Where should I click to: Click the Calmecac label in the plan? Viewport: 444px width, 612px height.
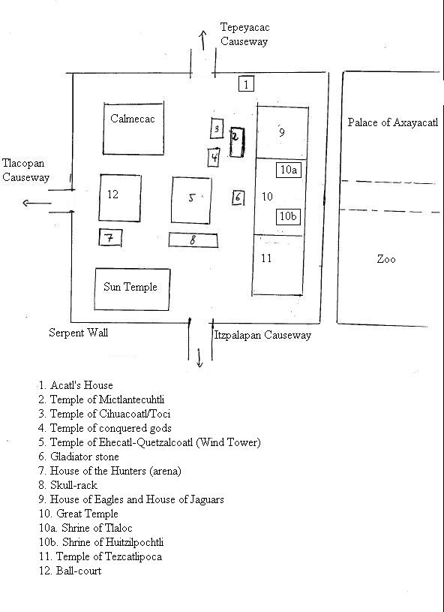tap(133, 119)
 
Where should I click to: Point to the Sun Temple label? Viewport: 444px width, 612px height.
tap(130, 287)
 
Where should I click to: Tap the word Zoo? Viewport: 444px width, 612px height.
tap(386, 259)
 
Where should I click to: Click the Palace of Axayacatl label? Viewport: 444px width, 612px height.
tap(393, 122)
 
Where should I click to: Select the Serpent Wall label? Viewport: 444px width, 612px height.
tap(78, 333)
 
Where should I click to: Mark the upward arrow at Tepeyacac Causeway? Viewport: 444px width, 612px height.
tap(202, 41)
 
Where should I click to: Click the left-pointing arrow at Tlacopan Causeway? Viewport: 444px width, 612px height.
tap(37, 203)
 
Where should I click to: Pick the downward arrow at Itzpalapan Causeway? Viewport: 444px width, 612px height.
tap(199, 358)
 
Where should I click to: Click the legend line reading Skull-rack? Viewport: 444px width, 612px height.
tap(67, 485)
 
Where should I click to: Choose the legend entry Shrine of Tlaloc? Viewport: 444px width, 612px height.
tap(85, 528)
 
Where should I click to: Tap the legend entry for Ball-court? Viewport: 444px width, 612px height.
tap(70, 571)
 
